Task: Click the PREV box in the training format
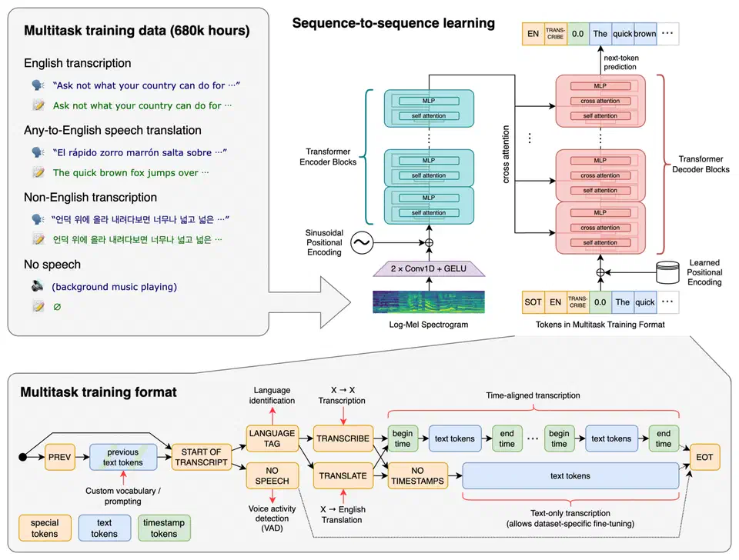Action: pos(60,457)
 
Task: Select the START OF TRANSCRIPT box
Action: pos(199,457)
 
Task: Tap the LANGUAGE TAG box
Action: pos(273,438)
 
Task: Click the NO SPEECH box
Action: pos(273,475)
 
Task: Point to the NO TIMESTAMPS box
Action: pos(417,475)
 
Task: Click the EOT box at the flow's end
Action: pos(705,457)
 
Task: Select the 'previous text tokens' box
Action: pos(123,457)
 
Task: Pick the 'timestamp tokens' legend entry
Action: pos(165,528)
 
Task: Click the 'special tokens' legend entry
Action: pos(45,528)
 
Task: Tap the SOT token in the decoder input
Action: pos(533,302)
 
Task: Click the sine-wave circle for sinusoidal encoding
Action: pos(359,244)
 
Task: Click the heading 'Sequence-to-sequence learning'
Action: pos(393,23)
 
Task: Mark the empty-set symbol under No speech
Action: pos(56,306)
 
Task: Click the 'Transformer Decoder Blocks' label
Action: pos(701,164)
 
